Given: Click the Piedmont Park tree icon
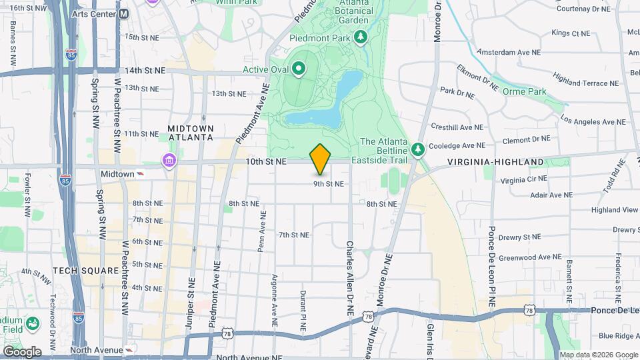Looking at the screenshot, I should (361, 37).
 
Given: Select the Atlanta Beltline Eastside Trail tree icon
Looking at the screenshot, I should (418, 149).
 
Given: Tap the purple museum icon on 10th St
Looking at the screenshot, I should (168, 161).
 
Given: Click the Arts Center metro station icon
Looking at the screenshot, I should (124, 14).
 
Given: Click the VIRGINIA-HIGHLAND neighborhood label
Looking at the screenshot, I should (495, 162).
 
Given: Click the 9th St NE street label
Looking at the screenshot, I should (329, 184).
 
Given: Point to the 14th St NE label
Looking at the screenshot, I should (144, 70).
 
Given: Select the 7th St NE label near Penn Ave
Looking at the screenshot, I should (294, 235).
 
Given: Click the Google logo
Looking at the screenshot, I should (22, 351).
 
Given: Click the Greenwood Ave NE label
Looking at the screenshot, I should (531, 257).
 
